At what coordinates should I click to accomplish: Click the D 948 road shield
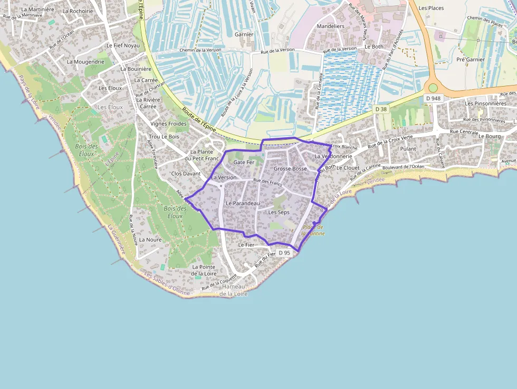434,98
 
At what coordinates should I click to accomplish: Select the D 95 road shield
284,253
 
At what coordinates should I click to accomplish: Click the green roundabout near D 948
433,88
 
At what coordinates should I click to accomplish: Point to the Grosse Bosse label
290,169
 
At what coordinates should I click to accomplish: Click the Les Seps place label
279,212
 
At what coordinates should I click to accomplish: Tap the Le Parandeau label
243,203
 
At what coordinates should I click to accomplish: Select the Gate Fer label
244,163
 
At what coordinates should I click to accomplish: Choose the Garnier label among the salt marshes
244,34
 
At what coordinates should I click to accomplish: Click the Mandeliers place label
330,26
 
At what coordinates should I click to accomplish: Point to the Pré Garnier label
471,60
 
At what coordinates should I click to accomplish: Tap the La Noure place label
150,240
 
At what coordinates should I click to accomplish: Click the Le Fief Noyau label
123,45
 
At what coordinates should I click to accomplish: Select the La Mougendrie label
85,62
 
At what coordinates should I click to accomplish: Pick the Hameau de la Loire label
233,290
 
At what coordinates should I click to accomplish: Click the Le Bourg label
489,136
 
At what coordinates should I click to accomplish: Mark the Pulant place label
408,149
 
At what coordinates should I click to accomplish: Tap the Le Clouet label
348,168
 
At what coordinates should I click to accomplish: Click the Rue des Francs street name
267,183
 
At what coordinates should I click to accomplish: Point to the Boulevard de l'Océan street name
404,167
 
